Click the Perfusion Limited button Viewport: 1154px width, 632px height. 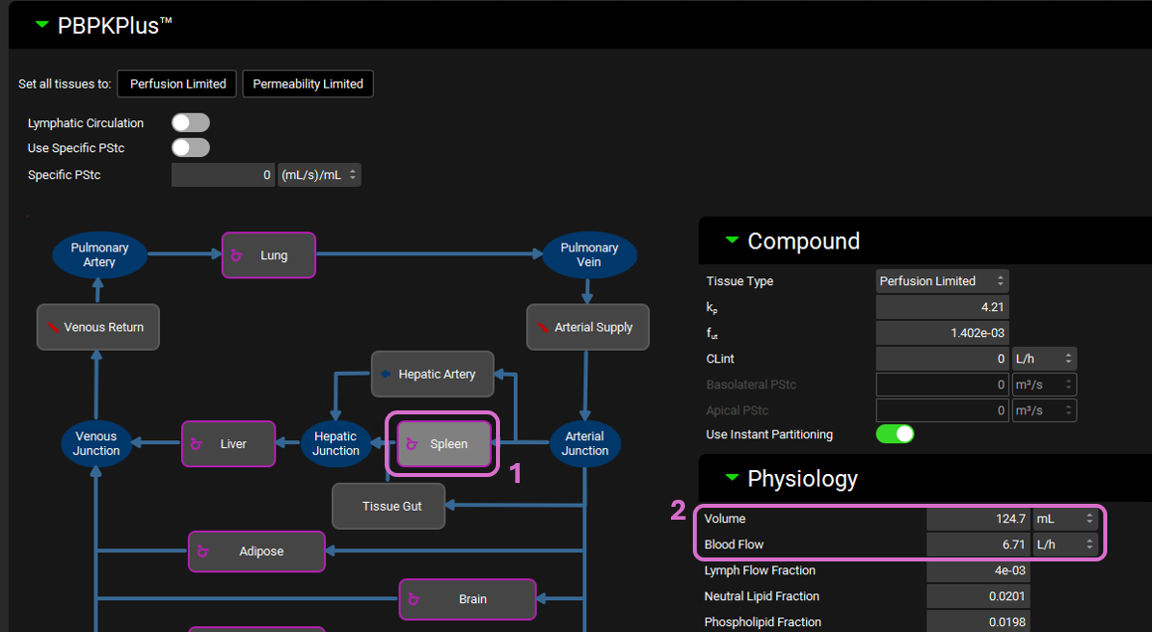point(177,83)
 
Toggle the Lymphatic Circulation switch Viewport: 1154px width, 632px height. point(191,123)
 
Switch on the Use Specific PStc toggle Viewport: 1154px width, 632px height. point(191,148)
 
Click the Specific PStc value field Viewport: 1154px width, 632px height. point(223,175)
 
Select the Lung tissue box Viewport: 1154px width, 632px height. point(268,255)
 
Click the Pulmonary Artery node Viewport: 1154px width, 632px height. point(99,255)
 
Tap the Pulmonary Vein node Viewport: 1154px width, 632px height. point(588,255)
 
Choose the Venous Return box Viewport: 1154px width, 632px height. point(97,327)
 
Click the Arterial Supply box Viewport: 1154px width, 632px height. point(587,327)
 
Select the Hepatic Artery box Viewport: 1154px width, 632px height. point(431,375)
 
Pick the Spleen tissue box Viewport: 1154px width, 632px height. point(443,444)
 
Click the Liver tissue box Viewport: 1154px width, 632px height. point(229,444)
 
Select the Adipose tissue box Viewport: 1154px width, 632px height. point(256,552)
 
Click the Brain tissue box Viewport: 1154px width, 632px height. point(467,599)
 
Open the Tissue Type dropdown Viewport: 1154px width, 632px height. point(941,281)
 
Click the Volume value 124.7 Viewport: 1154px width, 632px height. point(980,519)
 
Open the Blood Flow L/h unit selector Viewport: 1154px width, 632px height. point(1066,545)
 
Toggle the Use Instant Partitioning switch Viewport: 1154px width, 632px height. point(895,434)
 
